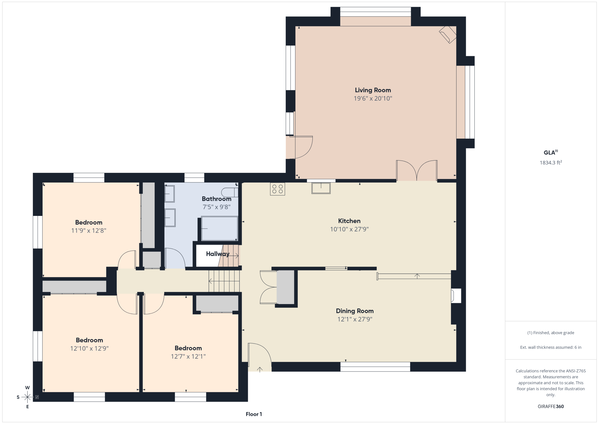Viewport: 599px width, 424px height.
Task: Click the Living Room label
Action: (373, 90)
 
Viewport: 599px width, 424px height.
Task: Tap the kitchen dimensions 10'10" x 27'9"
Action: (349, 229)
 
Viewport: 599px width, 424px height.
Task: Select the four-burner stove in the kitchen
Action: (277, 189)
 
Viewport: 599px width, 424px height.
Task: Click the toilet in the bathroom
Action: (230, 192)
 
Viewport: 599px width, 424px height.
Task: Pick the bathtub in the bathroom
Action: (219, 228)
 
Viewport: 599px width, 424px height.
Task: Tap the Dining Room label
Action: (355, 311)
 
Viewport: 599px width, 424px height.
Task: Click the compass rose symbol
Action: (27, 397)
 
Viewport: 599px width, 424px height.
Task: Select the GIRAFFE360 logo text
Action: (551, 406)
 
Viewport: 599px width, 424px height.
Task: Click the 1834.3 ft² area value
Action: (551, 163)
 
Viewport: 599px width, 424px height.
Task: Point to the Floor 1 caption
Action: (254, 414)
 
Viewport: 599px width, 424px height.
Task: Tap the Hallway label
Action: (218, 254)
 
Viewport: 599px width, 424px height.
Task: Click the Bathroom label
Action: (217, 199)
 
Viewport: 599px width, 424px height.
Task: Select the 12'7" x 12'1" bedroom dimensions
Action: (188, 357)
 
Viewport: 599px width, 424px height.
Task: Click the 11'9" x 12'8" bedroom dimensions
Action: (89, 231)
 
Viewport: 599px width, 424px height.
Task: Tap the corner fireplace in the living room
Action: (448, 35)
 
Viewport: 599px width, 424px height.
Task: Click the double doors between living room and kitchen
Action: (417, 171)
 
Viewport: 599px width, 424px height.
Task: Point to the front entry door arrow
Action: (260, 370)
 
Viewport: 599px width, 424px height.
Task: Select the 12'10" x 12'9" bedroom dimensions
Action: (89, 348)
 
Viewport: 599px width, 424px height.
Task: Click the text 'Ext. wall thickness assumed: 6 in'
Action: (551, 347)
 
